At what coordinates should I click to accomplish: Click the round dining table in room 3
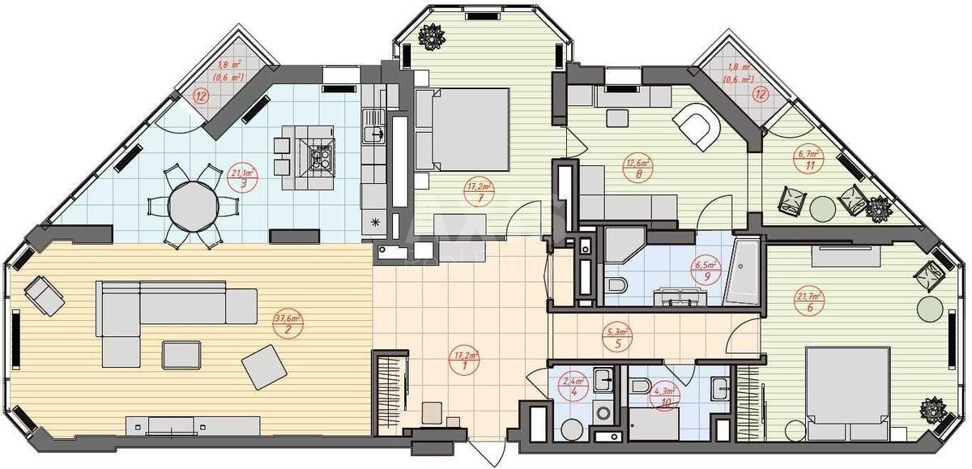coord(194,207)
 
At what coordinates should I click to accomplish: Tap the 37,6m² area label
coord(284,318)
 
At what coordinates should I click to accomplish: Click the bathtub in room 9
coord(742,271)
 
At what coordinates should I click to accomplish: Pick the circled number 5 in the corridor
coord(618,343)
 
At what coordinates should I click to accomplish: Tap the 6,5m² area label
coord(701,264)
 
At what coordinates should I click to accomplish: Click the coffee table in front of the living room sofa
coord(182,354)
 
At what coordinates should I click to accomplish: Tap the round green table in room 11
coord(821,208)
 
